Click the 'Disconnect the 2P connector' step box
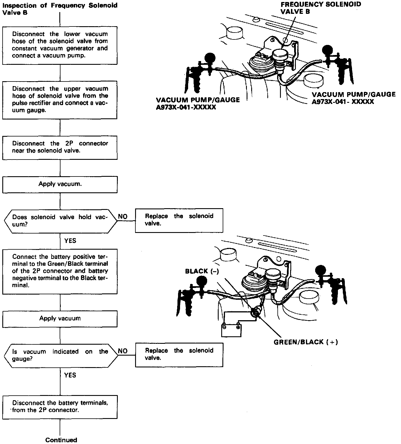(x=60, y=147)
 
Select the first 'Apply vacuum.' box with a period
(x=60, y=184)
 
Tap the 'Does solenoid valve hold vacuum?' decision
(x=60, y=221)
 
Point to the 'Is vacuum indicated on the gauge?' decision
(x=60, y=355)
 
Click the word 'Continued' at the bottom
(x=61, y=440)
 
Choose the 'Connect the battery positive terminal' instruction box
(x=60, y=271)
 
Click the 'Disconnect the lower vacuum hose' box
(x=60, y=45)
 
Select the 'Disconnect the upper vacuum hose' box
(x=60, y=100)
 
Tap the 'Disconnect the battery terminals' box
(x=60, y=407)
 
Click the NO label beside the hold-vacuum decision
(x=123, y=217)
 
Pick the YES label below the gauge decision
(x=70, y=375)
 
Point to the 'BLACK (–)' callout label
(x=202, y=271)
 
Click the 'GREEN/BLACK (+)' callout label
(x=306, y=342)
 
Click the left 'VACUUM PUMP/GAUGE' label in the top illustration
(x=198, y=103)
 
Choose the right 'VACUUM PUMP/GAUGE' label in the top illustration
(x=353, y=98)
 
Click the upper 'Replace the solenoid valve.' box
(x=179, y=220)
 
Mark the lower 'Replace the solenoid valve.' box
(x=179, y=355)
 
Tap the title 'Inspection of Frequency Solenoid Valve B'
(x=60, y=9)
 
